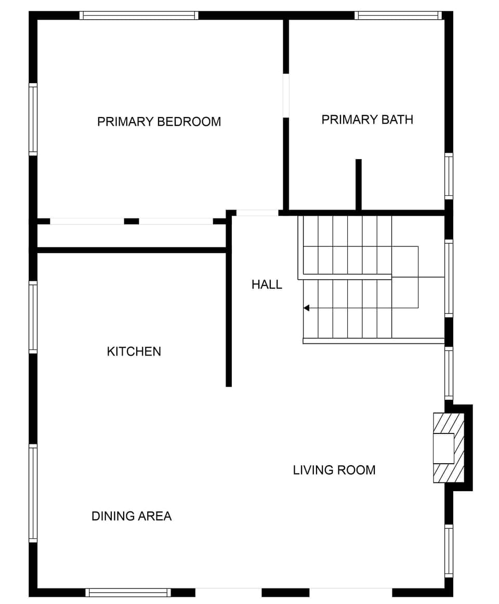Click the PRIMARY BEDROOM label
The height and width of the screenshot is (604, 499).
click(x=159, y=122)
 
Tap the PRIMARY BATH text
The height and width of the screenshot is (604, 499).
click(x=367, y=120)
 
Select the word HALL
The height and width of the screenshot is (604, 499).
click(x=267, y=284)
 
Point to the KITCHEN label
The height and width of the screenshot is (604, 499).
click(x=134, y=351)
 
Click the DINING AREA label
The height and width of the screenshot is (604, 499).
click(x=132, y=516)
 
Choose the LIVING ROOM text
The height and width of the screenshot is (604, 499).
click(x=334, y=470)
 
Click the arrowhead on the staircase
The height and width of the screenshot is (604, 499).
click(x=307, y=308)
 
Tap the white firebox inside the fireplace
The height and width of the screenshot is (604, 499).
click(x=444, y=448)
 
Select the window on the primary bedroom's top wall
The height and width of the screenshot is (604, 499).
click(x=139, y=16)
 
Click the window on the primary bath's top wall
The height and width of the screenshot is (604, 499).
click(x=398, y=16)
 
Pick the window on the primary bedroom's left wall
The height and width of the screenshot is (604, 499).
click(x=33, y=119)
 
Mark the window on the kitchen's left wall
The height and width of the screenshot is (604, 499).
click(x=33, y=317)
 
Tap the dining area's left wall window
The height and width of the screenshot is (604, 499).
click(x=33, y=493)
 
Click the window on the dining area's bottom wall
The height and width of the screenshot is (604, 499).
click(x=128, y=593)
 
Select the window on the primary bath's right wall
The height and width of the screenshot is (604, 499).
click(x=449, y=176)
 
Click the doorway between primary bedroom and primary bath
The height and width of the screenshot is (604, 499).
click(x=286, y=96)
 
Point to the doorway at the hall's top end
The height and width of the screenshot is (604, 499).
click(x=257, y=213)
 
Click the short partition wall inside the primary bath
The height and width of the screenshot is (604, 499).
click(x=358, y=185)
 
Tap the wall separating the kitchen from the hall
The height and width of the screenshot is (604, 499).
click(x=229, y=317)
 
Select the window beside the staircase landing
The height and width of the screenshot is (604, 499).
click(x=449, y=278)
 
